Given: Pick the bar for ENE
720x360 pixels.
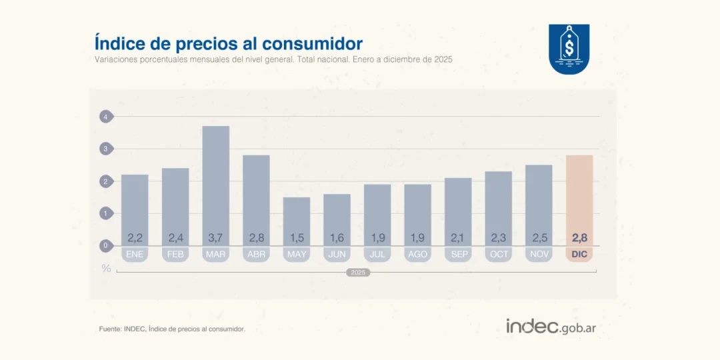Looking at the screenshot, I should tap(135, 200).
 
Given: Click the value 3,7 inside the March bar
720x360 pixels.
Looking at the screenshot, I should tap(215, 237).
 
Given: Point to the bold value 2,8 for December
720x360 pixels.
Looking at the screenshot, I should tap(579, 237).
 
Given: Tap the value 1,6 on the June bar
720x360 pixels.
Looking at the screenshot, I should tap(337, 237).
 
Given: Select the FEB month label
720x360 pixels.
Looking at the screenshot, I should tap(175, 254).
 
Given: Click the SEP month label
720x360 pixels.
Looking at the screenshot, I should tap(458, 254).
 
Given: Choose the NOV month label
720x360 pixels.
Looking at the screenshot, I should tap(539, 254).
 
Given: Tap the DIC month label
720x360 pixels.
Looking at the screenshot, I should tap(579, 254).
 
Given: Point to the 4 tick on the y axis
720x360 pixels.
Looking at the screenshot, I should tap(105, 117).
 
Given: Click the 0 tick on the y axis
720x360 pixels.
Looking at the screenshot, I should tap(105, 246).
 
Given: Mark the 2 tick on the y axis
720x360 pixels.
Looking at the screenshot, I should tap(105, 181).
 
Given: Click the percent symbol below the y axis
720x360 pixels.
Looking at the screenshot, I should tap(106, 268).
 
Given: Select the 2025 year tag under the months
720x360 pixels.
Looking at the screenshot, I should tap(358, 273).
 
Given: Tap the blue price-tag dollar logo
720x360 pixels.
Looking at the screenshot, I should tap(569, 49).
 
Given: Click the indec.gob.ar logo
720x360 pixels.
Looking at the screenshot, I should tap(551, 327).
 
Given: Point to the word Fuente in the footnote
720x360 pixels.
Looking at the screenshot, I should tap(110, 329).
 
